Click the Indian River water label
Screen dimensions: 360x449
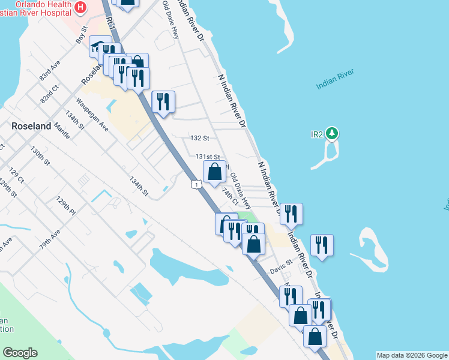(x=335, y=80)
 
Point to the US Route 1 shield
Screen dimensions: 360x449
(x=196, y=184)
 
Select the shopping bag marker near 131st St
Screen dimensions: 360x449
(x=214, y=172)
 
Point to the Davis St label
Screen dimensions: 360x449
(x=280, y=262)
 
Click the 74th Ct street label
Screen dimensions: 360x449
(x=230, y=196)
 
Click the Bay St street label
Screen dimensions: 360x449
(x=82, y=33)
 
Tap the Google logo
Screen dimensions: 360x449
(x=20, y=353)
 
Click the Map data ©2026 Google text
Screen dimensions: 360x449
(x=411, y=355)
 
